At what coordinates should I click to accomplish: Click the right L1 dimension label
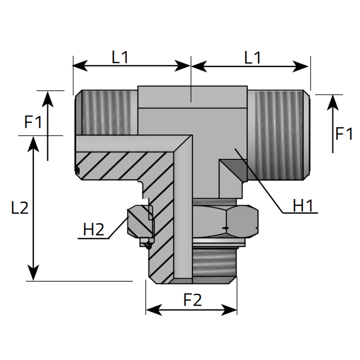point(252,58)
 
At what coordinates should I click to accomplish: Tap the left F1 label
point(33,122)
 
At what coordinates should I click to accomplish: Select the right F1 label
point(344,134)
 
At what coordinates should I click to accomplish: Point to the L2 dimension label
point(20,208)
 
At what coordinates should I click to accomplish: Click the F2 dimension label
point(193,300)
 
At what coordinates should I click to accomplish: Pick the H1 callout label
point(302,206)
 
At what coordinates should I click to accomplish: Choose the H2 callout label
point(94,229)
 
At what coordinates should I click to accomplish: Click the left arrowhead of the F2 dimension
point(154,310)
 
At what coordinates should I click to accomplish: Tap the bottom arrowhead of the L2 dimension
point(33,273)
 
